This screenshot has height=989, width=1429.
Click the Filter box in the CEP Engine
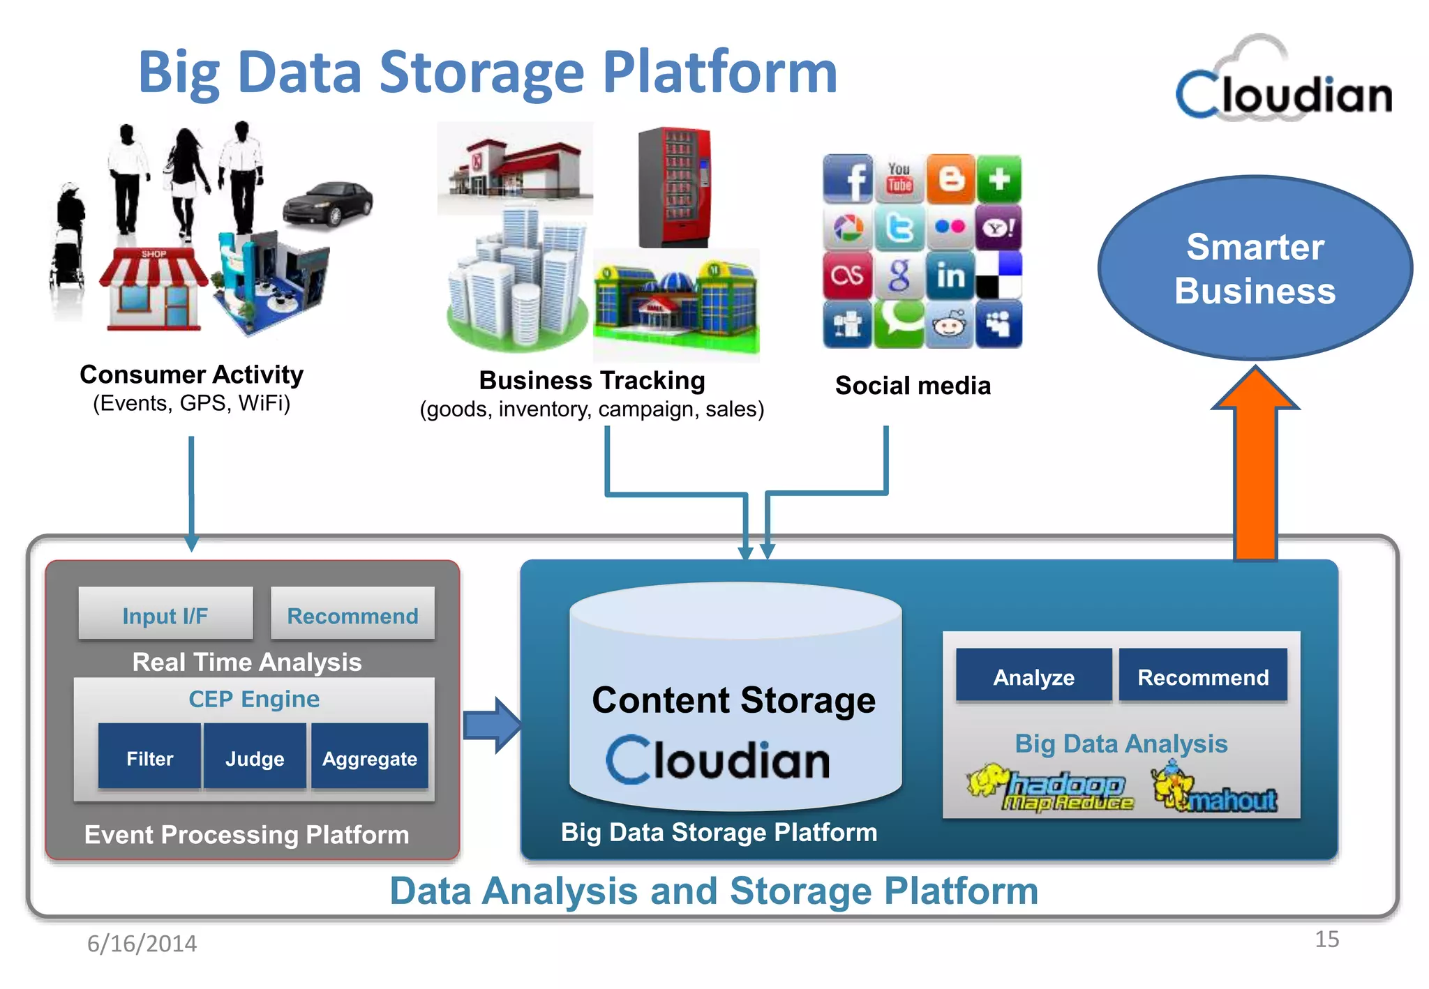coord(149,757)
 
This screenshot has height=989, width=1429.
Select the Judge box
coord(255,757)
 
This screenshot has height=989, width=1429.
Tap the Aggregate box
coord(369,757)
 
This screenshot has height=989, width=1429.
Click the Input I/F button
coord(165,614)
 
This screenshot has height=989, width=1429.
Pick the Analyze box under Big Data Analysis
coord(1033,676)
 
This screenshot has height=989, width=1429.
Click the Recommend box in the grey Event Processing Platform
coord(352,614)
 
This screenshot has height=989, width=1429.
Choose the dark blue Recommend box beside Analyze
coord(1203,676)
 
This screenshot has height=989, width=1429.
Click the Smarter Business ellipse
coord(1255,269)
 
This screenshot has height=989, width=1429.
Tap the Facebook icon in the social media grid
coord(848,179)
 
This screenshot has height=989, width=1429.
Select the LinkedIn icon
coord(950,276)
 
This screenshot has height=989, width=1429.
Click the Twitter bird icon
coord(899,227)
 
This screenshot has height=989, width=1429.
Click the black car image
coord(328,204)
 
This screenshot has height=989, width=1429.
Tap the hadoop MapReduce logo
coord(1054,790)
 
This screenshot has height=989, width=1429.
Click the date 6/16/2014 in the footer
coord(142,943)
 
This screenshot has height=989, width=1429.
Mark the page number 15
coord(1326,939)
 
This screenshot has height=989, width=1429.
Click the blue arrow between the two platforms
coord(493,725)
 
